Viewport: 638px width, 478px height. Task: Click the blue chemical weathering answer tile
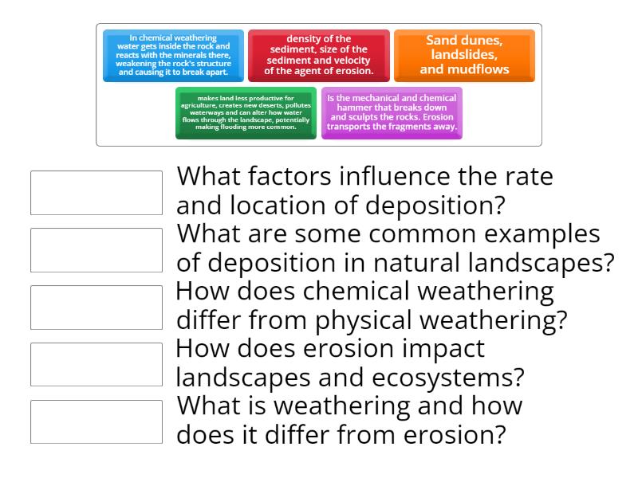click(x=173, y=55)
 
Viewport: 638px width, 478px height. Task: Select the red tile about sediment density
click(x=318, y=55)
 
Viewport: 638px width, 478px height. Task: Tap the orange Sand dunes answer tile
click(x=464, y=55)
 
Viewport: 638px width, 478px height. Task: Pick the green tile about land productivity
click(x=246, y=112)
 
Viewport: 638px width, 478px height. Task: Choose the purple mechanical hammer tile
click(x=392, y=112)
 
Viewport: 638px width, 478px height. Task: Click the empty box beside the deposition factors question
click(x=96, y=192)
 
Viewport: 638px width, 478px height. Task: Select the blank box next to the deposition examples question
click(x=96, y=249)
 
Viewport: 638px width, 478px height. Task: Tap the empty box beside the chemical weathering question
click(x=96, y=307)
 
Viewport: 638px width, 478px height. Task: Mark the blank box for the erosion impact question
click(x=96, y=364)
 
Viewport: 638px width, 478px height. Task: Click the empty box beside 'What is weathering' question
click(x=96, y=421)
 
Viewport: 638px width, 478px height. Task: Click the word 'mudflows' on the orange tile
click(x=478, y=69)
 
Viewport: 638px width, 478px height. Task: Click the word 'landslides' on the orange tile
click(x=464, y=55)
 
